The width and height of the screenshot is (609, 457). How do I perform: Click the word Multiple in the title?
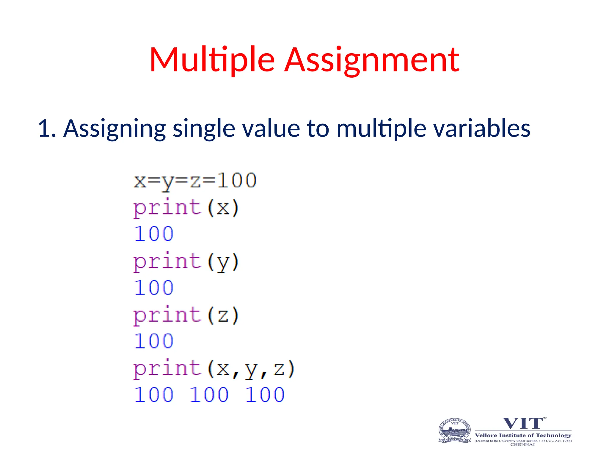point(212,60)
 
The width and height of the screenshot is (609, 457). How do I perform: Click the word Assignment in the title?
point(372,60)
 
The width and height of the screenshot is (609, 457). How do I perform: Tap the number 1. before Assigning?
point(47,129)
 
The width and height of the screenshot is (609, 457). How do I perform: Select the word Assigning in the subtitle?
point(114,129)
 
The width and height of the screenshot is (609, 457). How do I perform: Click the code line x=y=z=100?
point(195,181)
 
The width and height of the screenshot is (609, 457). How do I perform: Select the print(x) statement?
point(186,208)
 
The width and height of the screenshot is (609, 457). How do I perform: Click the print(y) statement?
point(186,262)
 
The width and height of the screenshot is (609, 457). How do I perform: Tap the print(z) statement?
point(186,315)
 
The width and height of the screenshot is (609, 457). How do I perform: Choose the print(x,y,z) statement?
point(213,369)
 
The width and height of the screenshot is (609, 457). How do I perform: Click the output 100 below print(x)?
point(153,234)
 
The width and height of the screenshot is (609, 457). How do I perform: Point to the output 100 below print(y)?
point(153,288)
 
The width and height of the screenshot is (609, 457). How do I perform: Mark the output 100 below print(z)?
point(153,341)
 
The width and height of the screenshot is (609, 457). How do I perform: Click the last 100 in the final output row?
point(265,395)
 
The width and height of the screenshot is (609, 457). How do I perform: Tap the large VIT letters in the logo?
point(523,423)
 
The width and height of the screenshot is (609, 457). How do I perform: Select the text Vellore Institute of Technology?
point(523,435)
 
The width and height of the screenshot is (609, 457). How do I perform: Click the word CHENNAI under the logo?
point(522,445)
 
